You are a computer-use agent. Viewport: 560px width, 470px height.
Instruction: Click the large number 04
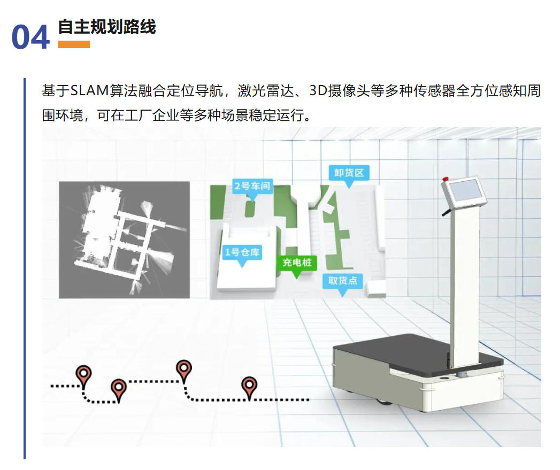click(x=30, y=37)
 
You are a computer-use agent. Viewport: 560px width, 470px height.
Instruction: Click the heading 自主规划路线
click(x=106, y=26)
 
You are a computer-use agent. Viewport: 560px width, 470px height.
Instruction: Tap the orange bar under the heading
click(x=74, y=44)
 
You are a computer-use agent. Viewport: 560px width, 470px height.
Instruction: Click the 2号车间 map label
click(x=252, y=187)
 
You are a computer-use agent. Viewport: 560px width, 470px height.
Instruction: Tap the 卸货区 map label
click(x=349, y=173)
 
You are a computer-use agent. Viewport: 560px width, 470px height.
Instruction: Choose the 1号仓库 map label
click(x=242, y=252)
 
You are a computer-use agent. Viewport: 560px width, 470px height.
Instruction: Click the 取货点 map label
click(x=343, y=280)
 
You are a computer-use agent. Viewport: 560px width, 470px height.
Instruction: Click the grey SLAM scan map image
click(x=124, y=240)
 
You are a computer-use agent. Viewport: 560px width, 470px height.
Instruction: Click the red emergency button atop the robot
click(x=445, y=179)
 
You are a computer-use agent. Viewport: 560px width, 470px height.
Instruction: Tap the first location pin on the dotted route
click(x=83, y=375)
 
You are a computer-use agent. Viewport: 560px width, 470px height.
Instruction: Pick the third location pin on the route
click(x=184, y=369)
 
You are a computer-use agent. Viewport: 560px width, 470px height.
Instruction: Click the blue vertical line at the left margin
click(x=25, y=267)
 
